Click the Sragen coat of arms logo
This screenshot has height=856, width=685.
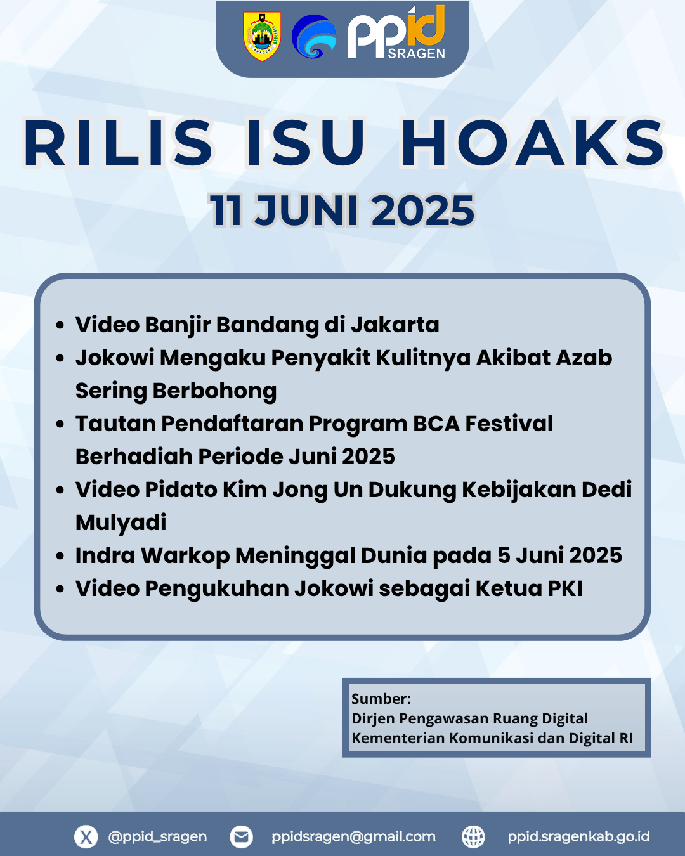coord(262,36)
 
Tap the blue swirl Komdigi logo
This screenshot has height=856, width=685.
coord(314,37)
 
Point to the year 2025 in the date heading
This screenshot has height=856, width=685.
coord(422,210)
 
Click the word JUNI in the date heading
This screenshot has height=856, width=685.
coord(306,210)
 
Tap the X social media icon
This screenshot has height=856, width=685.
coord(86,836)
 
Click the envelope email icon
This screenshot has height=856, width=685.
coord(241,836)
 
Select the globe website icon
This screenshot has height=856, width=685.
coord(473,836)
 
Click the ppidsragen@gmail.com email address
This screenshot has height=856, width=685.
coord(353,836)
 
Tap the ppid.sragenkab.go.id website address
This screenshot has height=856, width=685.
coord(578,836)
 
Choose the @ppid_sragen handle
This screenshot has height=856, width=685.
coord(157,836)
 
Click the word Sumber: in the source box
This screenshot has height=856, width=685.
coord(381,699)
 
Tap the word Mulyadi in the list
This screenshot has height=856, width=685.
coord(121,523)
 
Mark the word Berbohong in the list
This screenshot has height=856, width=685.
coord(214,391)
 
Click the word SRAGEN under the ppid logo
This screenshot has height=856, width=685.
coord(416,54)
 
